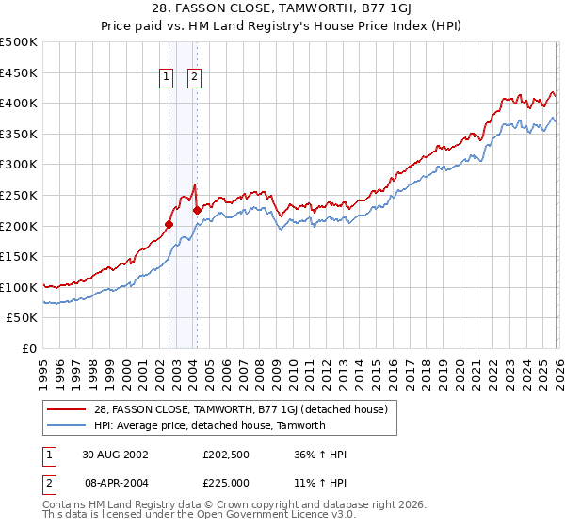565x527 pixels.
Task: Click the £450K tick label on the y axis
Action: pos(19,72)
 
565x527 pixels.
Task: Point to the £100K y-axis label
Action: pos(19,287)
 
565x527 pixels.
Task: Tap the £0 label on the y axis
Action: pos(28,348)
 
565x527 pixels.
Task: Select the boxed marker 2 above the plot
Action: pos(195,78)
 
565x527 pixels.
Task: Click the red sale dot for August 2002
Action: pos(169,224)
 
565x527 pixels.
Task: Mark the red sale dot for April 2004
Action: pos(196,211)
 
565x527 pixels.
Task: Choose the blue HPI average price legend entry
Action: pos(209,425)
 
